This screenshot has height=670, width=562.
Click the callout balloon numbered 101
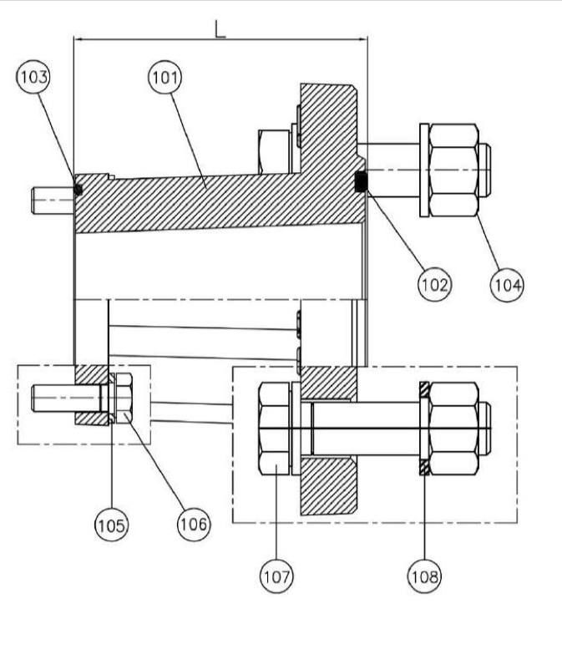pyautogui.click(x=165, y=78)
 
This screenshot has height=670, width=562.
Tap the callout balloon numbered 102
pyautogui.click(x=434, y=285)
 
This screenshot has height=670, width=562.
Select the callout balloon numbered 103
pyautogui.click(x=33, y=77)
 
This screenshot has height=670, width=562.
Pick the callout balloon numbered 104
pyautogui.click(x=508, y=285)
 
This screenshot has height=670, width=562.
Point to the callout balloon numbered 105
pyautogui.click(x=111, y=525)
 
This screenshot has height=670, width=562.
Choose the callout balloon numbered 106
pyautogui.click(x=194, y=525)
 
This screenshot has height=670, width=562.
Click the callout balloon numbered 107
pyautogui.click(x=276, y=576)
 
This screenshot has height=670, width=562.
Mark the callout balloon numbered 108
pyautogui.click(x=424, y=576)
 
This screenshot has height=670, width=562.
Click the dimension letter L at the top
pyautogui.click(x=220, y=29)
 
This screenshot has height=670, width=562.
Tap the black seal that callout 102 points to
pyautogui.click(x=362, y=181)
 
